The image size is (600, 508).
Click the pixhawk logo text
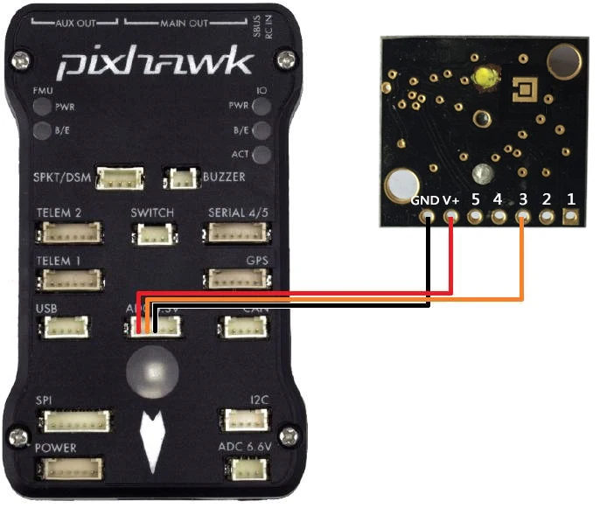[155, 63]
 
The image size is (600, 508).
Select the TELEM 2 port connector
[69, 233]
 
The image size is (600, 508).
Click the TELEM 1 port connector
[69, 280]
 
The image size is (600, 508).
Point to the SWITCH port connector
[150, 233]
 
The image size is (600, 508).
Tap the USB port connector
[64, 327]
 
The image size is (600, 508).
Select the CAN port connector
[237, 327]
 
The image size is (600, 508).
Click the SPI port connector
[69, 421]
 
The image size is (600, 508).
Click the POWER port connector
[69, 468]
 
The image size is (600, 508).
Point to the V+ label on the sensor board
[451, 200]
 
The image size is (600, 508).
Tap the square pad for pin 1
[571, 218]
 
